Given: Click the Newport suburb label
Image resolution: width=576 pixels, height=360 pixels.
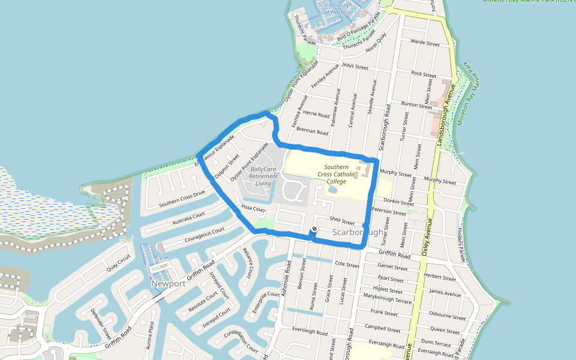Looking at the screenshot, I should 168,283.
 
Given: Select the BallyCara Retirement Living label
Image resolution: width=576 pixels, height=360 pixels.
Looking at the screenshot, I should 263,176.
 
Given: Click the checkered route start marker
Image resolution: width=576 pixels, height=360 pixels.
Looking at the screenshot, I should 314,231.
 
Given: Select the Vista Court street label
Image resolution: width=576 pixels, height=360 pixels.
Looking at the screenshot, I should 253,208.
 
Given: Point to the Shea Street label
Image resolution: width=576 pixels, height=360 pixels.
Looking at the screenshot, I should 342,221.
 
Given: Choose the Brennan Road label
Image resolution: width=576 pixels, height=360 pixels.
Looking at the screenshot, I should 313,131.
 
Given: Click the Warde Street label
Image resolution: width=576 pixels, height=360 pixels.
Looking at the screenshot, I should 425,43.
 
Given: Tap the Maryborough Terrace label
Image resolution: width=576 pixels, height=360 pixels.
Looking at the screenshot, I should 388,298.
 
